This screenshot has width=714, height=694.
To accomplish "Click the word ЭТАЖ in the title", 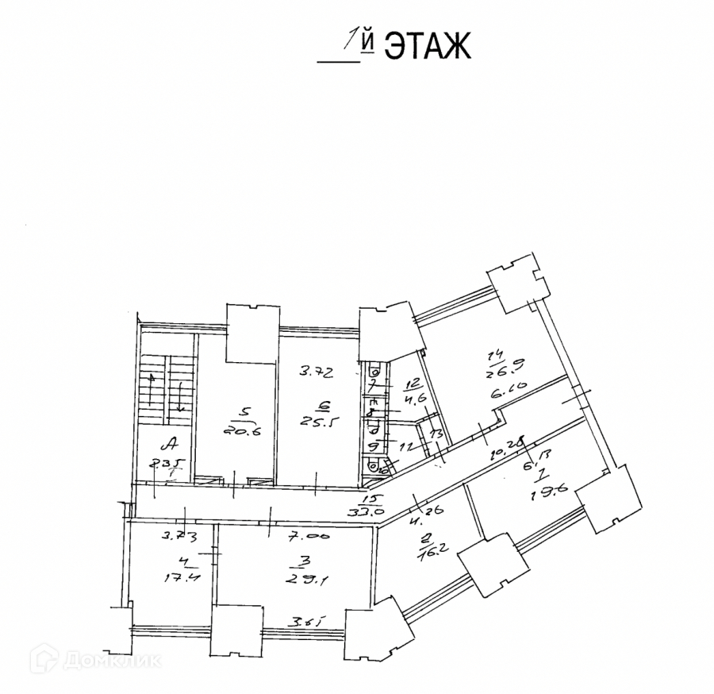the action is tap(428, 46).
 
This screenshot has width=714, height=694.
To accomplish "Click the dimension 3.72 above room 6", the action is tap(314, 371).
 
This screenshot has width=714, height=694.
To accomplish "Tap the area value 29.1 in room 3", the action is tap(297, 580).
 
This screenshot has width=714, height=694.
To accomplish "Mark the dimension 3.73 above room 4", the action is tap(180, 536).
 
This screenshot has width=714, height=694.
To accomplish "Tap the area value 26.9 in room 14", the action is tap(501, 368).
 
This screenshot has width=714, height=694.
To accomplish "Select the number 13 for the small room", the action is tap(435, 434).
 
